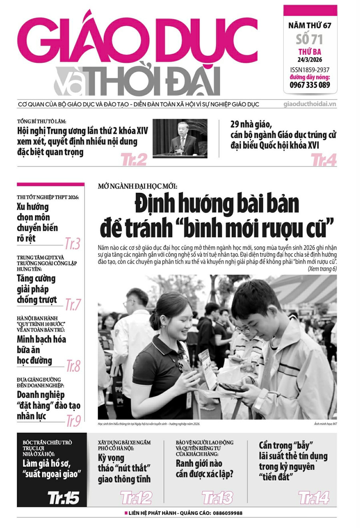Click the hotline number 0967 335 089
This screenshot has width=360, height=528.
(x=310, y=85)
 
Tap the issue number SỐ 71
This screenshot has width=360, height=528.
(x=310, y=39)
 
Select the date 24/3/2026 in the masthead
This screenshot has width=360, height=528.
(x=310, y=60)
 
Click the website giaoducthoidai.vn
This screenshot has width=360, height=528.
(x=310, y=104)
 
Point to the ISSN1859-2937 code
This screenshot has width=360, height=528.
(x=310, y=70)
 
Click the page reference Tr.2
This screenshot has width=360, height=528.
(x=134, y=160)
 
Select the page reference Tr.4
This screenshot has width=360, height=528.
(x=324, y=160)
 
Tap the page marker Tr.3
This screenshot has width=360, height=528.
(x=73, y=243)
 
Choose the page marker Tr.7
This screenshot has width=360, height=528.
(x=73, y=304)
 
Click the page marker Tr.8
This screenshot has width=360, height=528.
(x=73, y=366)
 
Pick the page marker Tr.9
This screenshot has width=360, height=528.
(x=73, y=421)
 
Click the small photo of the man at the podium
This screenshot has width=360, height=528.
(x=180, y=138)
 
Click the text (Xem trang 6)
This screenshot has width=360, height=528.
(x=322, y=269)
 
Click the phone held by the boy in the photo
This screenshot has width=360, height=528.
(x=230, y=387)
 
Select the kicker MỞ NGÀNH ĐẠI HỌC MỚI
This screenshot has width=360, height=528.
(x=137, y=186)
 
